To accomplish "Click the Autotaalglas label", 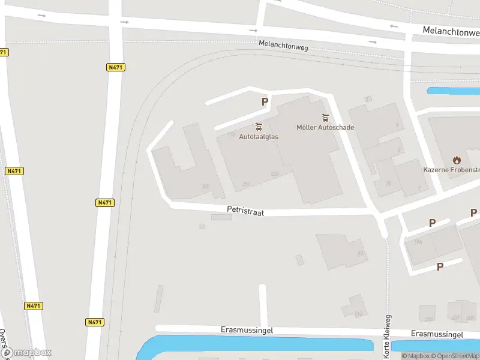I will pyautogui.click(x=259, y=136).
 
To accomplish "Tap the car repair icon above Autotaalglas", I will pyautogui.click(x=259, y=127).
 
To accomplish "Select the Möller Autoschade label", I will pyautogui.click(x=325, y=127).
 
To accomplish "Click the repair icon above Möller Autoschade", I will pyautogui.click(x=325, y=117).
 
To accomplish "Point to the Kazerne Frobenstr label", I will pyautogui.click(x=451, y=170).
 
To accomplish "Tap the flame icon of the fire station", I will pyautogui.click(x=457, y=160).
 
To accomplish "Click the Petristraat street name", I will pyautogui.click(x=245, y=211).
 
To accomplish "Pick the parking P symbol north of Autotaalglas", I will pyautogui.click(x=265, y=102).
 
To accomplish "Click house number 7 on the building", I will pyautogui.click(x=418, y=188).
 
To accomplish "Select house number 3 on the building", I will pyautogui.click(x=397, y=125).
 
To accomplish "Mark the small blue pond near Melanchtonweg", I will pyautogui.click(x=453, y=91).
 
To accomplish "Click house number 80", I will pyautogui.click(x=361, y=253).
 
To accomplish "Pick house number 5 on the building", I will pyautogui.click(x=399, y=151).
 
